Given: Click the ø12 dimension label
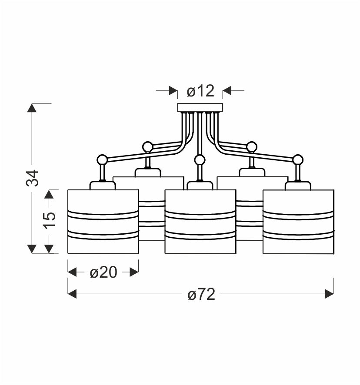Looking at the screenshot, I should point(200,91).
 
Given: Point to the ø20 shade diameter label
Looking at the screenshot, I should point(103,272).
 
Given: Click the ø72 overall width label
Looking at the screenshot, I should point(201,295).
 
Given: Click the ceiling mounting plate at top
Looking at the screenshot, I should point(200,107).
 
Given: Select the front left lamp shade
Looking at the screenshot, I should point(103,222).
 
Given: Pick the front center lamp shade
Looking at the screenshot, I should point(200,222).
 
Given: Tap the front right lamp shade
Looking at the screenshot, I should point(298,222).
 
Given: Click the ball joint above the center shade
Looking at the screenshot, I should point(200,160).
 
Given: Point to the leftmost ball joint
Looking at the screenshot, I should point(102,159).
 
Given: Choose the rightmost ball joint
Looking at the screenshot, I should point(297,159).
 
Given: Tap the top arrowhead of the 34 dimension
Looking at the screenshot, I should point(32,108).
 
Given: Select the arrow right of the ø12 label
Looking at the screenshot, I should point(227,91).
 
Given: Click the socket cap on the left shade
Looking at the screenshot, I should point(103,186).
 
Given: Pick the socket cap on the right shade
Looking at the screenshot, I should point(298,186).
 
